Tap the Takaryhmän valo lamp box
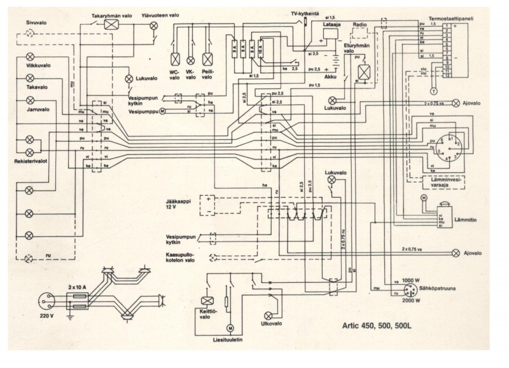pyautogui.click(x=113, y=24)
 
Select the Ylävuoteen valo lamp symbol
pyautogui.click(x=153, y=25)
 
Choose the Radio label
pyautogui.click(x=360, y=24)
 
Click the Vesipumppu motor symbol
pyautogui.click(x=162, y=111)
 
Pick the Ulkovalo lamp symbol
pyautogui.click(x=267, y=315)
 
